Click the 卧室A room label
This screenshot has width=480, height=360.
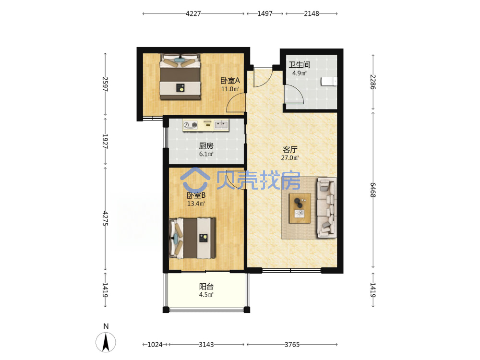pyautogui.click(x=230, y=81)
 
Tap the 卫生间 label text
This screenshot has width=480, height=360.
pyautogui.click(x=300, y=65)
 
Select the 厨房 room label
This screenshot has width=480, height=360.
pyautogui.click(x=206, y=146)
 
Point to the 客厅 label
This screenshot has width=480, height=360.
pyautogui.click(x=290, y=149)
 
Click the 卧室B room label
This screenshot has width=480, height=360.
pyautogui.click(x=196, y=195)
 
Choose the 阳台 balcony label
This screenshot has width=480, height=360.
pyautogui.click(x=206, y=287)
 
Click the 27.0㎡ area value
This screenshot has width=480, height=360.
pyautogui.click(x=290, y=158)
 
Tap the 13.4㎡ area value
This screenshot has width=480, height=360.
pyautogui.click(x=196, y=204)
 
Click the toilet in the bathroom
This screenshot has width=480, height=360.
pyautogui.click(x=329, y=82)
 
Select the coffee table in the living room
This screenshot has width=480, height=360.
pyautogui.click(x=300, y=208)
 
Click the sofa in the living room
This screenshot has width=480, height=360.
pyautogui.click(x=326, y=207)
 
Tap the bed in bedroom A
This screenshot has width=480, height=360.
pyautogui.click(x=180, y=76)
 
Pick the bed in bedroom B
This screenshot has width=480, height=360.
pyautogui.click(x=192, y=238)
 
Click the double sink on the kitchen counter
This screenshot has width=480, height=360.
pyautogui.click(x=221, y=125)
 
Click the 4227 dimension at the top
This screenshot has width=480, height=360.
pyautogui.click(x=193, y=13)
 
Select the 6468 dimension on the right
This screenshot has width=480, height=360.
pyautogui.click(x=373, y=190)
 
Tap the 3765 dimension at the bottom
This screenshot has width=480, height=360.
pyautogui.click(x=292, y=345)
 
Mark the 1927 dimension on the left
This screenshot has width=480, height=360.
pyautogui.click(x=105, y=142)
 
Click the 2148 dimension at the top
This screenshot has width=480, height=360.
pyautogui.click(x=312, y=13)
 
